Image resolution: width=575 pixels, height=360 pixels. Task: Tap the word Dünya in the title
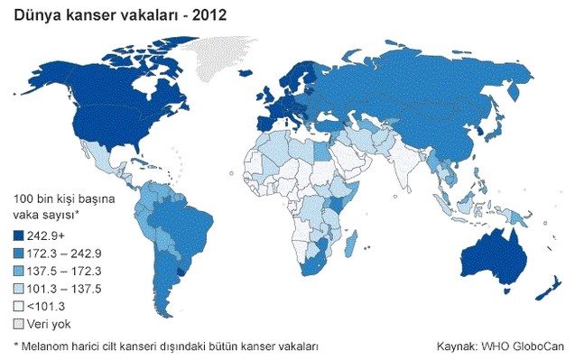[x=33, y=15]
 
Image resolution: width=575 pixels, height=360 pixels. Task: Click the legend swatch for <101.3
[x=19, y=306]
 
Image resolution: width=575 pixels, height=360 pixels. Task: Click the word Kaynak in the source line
[x=456, y=346]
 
